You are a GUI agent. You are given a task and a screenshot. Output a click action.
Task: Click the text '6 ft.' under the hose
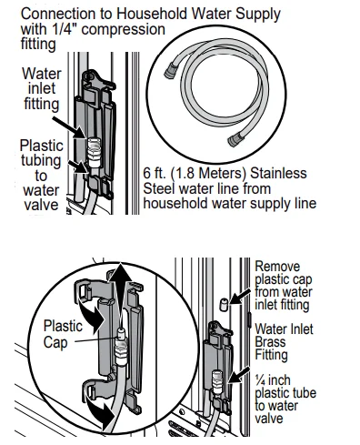157,173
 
